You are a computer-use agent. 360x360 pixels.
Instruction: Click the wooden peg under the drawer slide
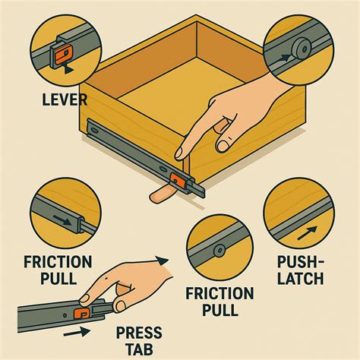160,196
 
